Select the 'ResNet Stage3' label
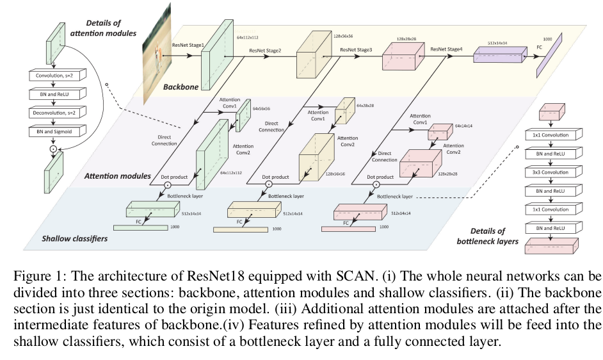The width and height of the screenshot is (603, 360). tap(357, 49)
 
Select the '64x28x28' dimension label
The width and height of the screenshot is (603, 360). tap(367, 104)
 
